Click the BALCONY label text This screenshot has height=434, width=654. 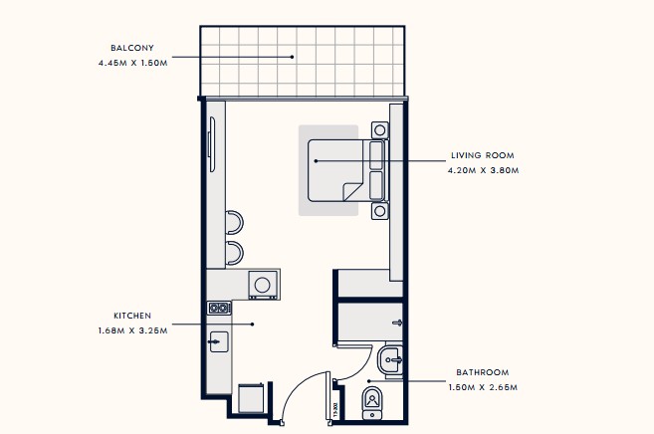[132, 48]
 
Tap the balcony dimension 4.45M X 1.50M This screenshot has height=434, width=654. [133, 63]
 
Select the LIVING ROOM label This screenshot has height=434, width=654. [483, 155]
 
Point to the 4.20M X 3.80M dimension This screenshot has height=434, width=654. [484, 170]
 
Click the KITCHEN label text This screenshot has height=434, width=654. [132, 316]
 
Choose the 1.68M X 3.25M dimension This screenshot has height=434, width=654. [133, 331]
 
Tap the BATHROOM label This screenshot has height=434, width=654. [483, 372]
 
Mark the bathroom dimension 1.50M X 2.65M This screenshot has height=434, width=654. [483, 387]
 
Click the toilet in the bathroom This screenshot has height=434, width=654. [372, 403]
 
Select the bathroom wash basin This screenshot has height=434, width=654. [390, 359]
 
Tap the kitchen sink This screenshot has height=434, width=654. [219, 341]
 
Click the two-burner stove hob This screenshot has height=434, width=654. [219, 309]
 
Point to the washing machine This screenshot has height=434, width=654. [263, 285]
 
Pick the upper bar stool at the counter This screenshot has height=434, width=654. [234, 222]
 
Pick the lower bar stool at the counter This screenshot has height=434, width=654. [234, 253]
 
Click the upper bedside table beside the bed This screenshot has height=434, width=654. [379, 130]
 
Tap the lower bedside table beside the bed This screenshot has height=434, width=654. [379, 211]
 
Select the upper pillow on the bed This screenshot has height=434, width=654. [376, 155]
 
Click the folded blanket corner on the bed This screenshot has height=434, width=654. [352, 191]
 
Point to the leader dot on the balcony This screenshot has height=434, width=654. [293, 57]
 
